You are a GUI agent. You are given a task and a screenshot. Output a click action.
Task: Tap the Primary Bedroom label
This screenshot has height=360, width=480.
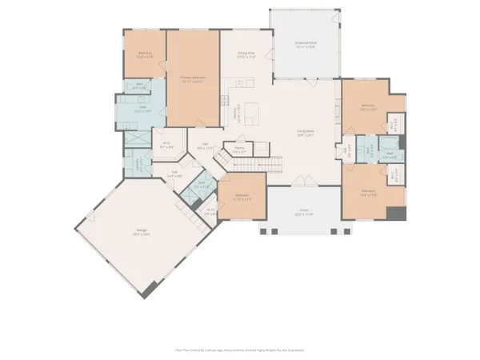[193, 78]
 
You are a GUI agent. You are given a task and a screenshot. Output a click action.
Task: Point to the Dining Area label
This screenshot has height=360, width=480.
[246, 55]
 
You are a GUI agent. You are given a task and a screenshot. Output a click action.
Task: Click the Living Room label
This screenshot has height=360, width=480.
[306, 134]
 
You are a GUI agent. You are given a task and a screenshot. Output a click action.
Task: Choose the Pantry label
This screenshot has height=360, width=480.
[238, 148]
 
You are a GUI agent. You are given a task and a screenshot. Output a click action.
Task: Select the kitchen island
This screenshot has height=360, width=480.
[252, 116]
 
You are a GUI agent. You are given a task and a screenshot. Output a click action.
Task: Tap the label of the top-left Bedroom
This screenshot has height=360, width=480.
[144, 55]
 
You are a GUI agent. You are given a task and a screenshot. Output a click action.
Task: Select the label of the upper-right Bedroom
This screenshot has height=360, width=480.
[368, 107]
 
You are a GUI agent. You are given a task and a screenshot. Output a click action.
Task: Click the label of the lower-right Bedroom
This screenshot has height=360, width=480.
[368, 192]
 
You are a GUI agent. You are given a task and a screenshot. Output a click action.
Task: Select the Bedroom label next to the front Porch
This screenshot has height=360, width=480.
[242, 198]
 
